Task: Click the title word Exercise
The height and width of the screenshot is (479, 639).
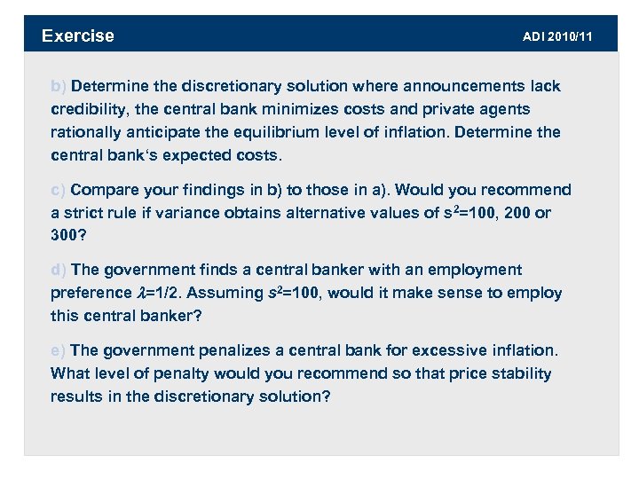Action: (x=78, y=35)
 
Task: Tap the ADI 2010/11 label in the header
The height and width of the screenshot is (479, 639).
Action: (x=557, y=36)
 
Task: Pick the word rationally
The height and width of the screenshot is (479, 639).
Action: (x=90, y=132)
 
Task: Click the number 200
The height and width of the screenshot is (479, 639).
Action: (x=517, y=213)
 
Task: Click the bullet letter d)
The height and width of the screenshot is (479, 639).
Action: (x=59, y=270)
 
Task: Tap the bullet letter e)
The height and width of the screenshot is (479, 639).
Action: (x=59, y=350)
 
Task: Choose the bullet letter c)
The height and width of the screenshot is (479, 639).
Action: (x=59, y=190)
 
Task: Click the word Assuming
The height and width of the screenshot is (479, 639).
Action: (x=225, y=293)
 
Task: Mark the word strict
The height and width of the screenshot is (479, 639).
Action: (x=83, y=213)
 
